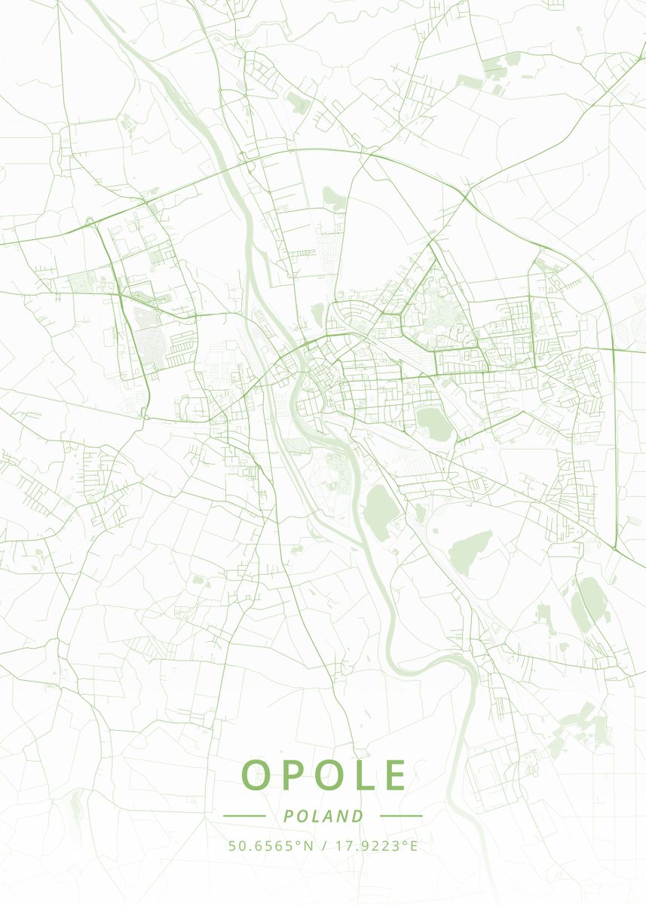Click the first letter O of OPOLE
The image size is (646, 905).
pos(257,775)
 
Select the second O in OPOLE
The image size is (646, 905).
pos(326,775)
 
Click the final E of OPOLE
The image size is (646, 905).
pos(394,775)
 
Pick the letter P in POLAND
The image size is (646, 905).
pos(288,816)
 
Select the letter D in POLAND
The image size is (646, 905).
pos(357,816)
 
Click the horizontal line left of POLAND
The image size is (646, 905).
pos(244,816)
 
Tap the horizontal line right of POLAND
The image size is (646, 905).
pos(401,816)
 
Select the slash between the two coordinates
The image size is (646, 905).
pos(323,845)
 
